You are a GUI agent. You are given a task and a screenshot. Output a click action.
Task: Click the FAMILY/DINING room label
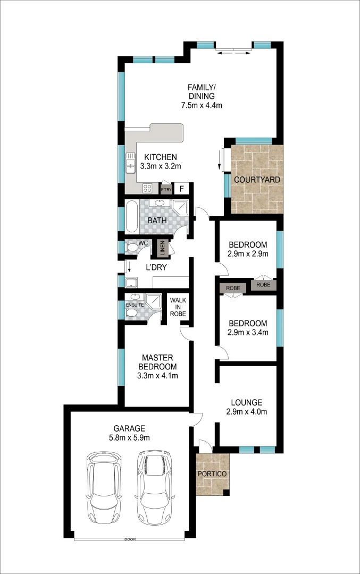201,91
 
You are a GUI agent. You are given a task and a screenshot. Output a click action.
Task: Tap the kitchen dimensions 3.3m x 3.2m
161,166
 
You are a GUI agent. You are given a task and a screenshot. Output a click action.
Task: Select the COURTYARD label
257,180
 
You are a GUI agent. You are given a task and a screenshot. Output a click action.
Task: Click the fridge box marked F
182,189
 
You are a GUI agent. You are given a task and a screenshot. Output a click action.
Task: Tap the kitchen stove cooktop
147,189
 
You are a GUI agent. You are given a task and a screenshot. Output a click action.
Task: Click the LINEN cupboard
162,248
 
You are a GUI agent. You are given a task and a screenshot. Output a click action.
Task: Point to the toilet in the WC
131,247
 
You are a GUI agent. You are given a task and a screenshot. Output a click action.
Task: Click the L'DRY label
157,267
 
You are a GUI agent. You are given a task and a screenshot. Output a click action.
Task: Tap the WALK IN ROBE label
178,307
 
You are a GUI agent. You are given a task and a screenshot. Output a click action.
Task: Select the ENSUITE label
135,305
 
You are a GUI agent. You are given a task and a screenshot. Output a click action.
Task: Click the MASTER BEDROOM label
157,367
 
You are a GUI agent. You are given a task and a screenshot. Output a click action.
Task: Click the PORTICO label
212,474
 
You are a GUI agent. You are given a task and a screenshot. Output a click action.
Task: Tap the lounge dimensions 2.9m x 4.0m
246,411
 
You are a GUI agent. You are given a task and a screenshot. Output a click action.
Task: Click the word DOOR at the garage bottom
130,539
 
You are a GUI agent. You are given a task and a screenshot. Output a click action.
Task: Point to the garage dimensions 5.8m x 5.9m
128,437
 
